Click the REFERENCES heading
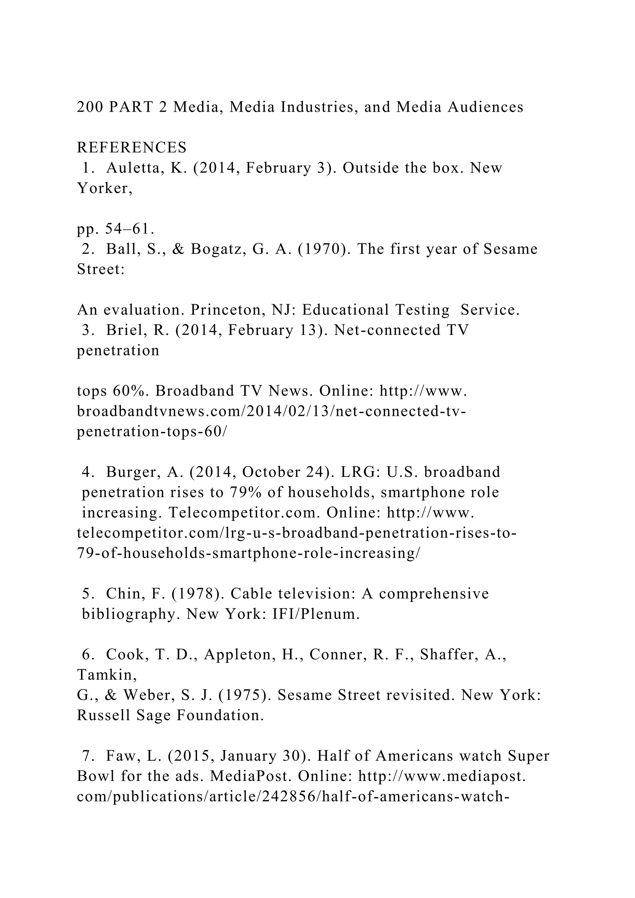(x=132, y=148)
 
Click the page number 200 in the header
(x=89, y=107)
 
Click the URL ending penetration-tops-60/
(x=152, y=432)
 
